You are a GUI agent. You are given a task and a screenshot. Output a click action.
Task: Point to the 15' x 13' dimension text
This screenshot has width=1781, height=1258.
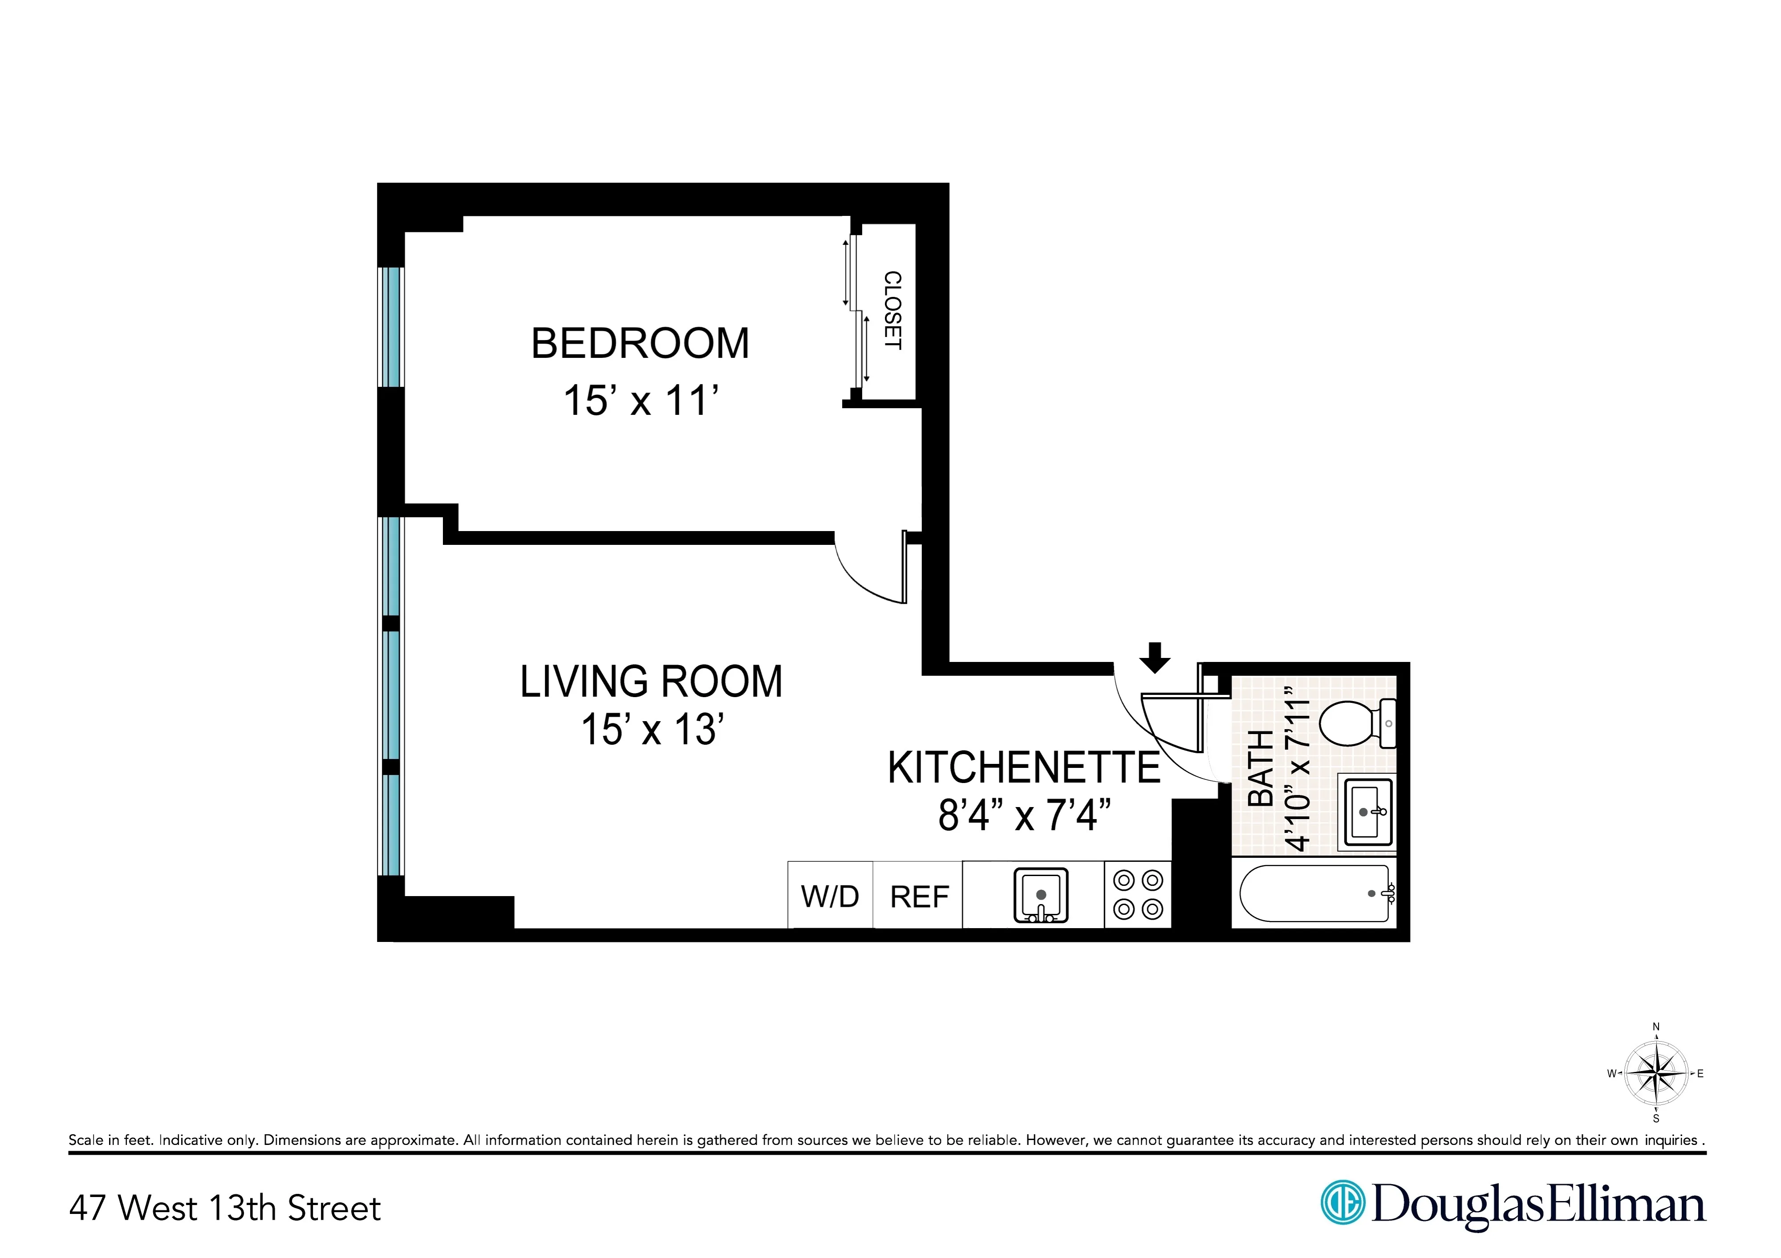(x=653, y=730)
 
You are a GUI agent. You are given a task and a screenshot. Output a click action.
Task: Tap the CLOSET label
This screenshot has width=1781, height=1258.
(x=893, y=310)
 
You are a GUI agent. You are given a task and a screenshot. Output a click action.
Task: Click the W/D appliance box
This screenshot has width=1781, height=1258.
(x=830, y=897)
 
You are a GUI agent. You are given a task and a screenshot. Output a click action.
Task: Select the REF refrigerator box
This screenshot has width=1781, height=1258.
(x=919, y=897)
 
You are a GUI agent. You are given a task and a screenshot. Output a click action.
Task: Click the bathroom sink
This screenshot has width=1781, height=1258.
(x=1367, y=812)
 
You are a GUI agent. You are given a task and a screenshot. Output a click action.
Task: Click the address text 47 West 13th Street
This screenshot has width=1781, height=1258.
(x=225, y=1208)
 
